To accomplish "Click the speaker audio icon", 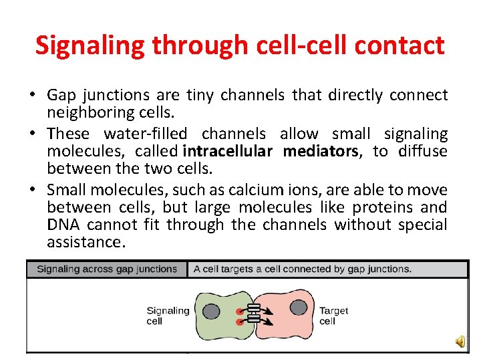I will point(461,342).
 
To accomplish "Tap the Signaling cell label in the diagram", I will point(167,316).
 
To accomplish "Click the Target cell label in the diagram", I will point(333,316).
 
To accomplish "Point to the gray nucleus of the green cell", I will point(211,311).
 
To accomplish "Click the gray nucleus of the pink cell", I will point(299,308).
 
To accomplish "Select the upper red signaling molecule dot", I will point(239,312).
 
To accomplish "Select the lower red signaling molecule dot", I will point(239,322).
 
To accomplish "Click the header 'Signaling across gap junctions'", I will point(107,269).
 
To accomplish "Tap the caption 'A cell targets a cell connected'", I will point(302,269).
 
